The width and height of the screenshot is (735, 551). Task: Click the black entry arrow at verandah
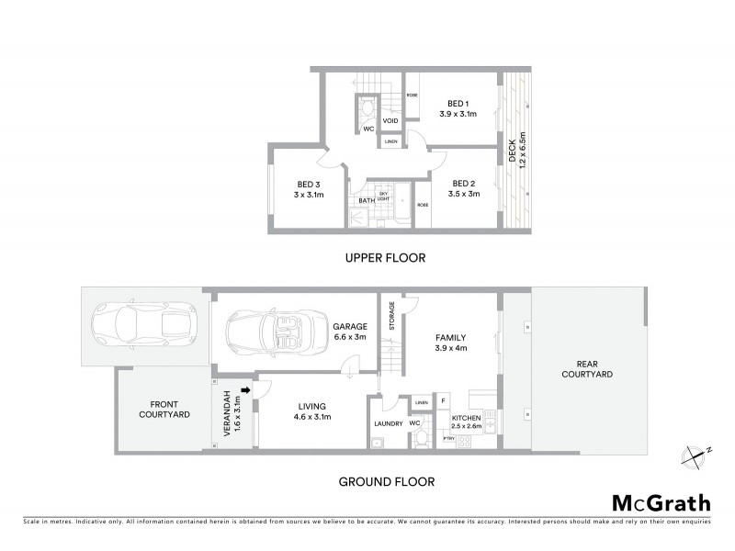[245, 390]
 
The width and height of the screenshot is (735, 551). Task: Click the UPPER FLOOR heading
[385, 258]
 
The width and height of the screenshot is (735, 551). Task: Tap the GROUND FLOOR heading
[387, 481]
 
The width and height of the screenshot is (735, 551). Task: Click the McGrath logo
[661, 502]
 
